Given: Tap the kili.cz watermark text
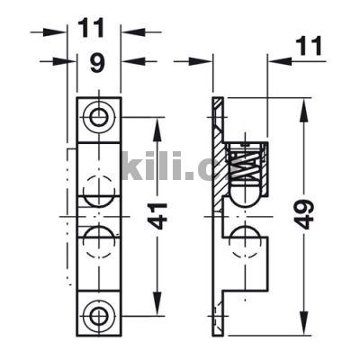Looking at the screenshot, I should (180, 165).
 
